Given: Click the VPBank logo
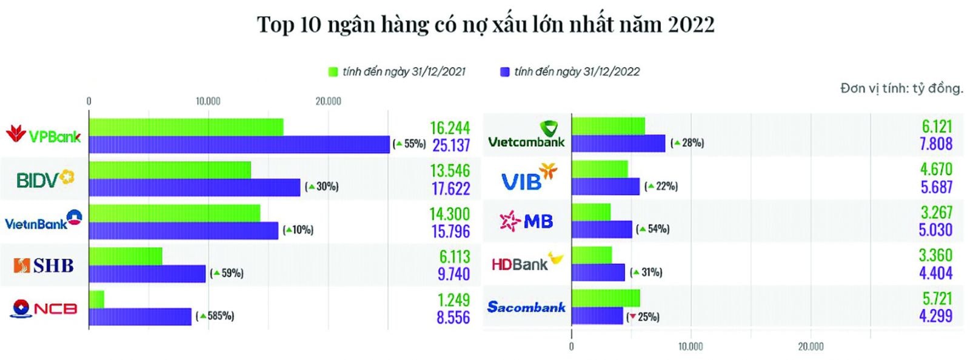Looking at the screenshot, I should point(43,135).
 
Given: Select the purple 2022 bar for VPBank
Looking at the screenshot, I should point(239,144).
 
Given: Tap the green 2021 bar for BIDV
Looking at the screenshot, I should point(170,170).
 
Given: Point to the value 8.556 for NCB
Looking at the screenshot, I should point(453,318).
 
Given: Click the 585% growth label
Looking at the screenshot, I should point(215,316).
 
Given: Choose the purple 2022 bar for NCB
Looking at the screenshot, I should point(140,317).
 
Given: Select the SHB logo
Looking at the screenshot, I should point(44,265).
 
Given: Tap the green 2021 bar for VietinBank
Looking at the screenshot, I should point(175,213).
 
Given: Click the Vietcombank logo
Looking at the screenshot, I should point(526,135).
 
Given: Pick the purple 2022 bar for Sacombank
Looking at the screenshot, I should point(597,316).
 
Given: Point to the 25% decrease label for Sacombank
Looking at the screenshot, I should point(643,316).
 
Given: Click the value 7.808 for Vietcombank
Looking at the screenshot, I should point(936,144).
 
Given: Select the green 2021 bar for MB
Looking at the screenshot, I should point(591,212).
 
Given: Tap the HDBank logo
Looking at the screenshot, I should point(526,263).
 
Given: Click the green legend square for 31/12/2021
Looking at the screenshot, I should point(333,72).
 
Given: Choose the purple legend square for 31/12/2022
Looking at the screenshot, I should point(504,72).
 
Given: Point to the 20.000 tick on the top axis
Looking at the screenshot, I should point(328,101).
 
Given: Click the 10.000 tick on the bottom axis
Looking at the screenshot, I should point(691,347).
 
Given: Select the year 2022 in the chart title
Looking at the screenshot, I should point(691,24).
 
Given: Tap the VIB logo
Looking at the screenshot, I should point(528,178).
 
